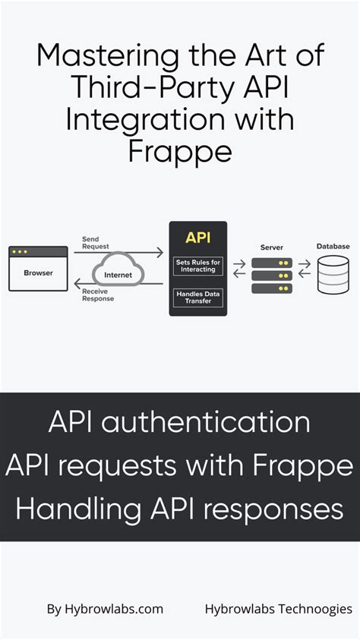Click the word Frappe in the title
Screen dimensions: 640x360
pyautogui.click(x=179, y=152)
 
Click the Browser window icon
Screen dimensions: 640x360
pyautogui.click(x=38, y=268)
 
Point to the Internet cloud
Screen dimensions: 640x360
pyautogui.click(x=118, y=274)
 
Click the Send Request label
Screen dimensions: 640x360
pyautogui.click(x=96, y=243)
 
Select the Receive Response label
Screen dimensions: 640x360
pyautogui.click(x=98, y=295)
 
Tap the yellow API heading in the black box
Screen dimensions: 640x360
pyautogui.click(x=197, y=238)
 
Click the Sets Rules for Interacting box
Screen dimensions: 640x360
pyautogui.click(x=198, y=266)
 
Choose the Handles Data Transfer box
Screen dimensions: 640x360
pyautogui.click(x=198, y=298)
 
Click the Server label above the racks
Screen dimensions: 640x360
pyautogui.click(x=271, y=247)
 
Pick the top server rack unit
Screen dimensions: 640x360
pyautogui.click(x=271, y=262)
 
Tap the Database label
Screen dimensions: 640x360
pyautogui.click(x=333, y=247)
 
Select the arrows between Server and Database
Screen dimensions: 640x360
pyautogui.click(x=305, y=269)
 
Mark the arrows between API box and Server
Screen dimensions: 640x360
pyautogui.click(x=240, y=269)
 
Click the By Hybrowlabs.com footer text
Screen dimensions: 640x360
pyautogui.click(x=105, y=609)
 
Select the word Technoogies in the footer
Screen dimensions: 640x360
pyautogui.click(x=315, y=609)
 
